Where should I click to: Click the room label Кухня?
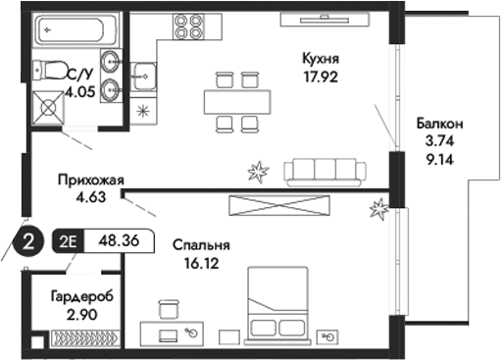[321, 60]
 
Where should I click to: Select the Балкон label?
[438, 124]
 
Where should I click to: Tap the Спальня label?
[201, 246]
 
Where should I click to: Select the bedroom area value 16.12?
[197, 263]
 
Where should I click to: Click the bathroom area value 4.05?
[82, 96]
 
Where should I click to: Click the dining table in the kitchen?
[238, 101]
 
